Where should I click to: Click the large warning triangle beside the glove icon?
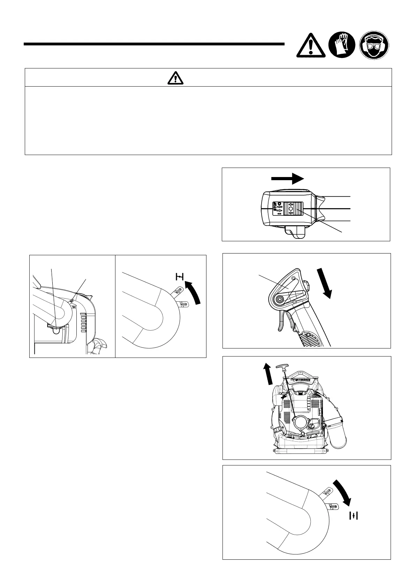tap(311, 46)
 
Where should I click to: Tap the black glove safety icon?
tap(342, 45)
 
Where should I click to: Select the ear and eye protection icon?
tap(374, 45)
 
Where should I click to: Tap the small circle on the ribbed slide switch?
tap(290, 208)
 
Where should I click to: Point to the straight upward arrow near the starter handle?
tap(267, 373)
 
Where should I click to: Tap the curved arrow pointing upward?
tap(194, 289)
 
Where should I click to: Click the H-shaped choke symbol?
tap(179, 277)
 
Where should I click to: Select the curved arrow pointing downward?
tap(342, 492)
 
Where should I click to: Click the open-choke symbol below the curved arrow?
tap(354, 516)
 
